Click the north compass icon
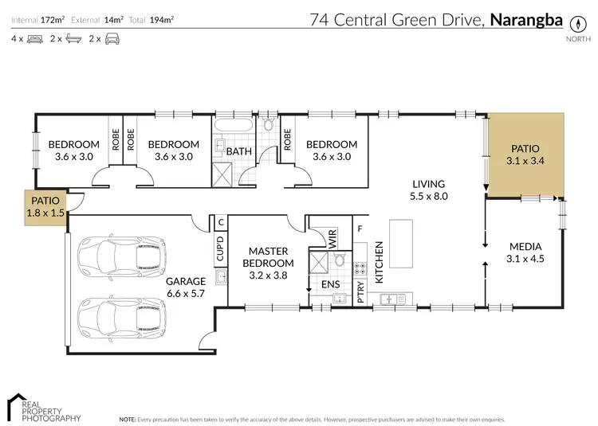point(573,23)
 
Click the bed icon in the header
point(33,38)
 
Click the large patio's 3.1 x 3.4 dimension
point(524,161)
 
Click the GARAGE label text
point(185,281)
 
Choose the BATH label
point(238,151)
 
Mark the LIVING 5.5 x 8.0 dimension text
point(428,195)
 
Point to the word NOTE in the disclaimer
point(127,418)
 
